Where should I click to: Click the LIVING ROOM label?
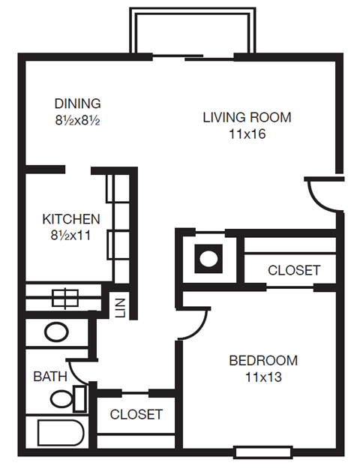(247, 118)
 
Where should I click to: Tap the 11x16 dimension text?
(247, 135)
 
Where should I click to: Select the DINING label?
(77, 104)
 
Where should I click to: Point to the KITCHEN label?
(70, 220)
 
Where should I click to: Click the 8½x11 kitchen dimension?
(70, 236)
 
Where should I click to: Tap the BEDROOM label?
(263, 360)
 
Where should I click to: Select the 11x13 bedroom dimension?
(263, 377)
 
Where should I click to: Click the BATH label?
(50, 377)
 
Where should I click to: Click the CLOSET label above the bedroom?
(294, 270)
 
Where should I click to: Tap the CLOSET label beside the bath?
(136, 414)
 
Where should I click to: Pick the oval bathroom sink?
(55, 332)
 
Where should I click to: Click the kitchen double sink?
(64, 297)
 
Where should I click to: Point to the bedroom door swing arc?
(194, 324)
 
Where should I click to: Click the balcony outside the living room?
(183, 32)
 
